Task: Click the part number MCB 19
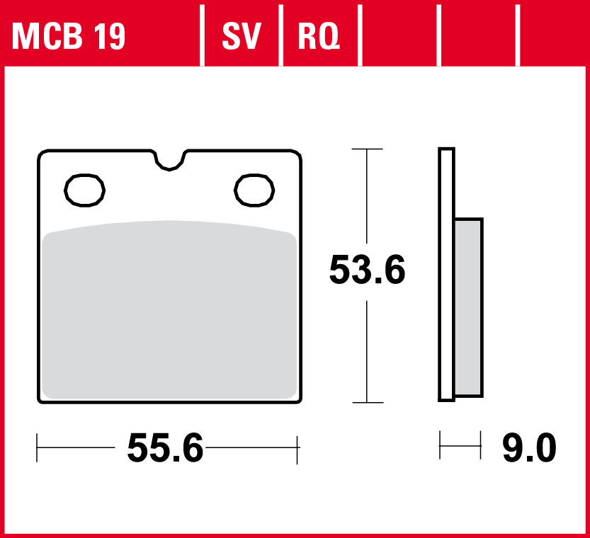69,36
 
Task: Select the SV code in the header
242,36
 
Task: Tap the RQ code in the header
318,36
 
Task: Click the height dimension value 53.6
367,270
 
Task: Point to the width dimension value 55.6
165,448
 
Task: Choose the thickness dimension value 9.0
529,448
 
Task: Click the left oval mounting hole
85,190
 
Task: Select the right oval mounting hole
254,190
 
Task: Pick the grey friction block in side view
468,307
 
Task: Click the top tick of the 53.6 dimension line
367,149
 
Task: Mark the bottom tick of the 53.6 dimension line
367,403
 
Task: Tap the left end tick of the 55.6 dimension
38,448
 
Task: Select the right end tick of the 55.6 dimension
298,448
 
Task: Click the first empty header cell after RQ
399,36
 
